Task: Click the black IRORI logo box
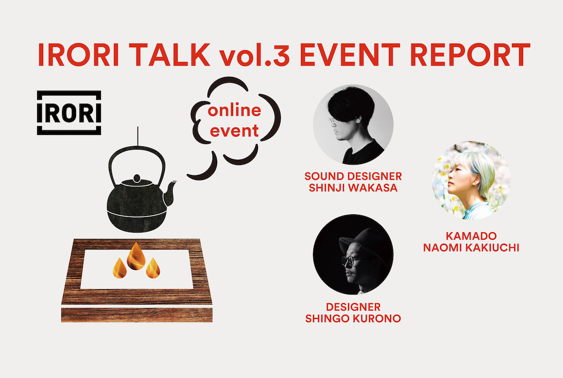pyautogui.click(x=69, y=113)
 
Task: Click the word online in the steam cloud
pyautogui.click(x=235, y=111)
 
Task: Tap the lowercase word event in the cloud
pyautogui.click(x=234, y=131)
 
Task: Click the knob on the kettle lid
pyautogui.click(x=137, y=179)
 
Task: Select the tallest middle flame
pyautogui.click(x=136, y=256)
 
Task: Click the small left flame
pyautogui.click(x=119, y=268)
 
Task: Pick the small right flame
pyautogui.click(x=153, y=268)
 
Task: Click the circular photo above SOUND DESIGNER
pyautogui.click(x=353, y=125)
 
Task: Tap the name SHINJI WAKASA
pyautogui.click(x=353, y=188)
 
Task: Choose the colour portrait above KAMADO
pyautogui.click(x=471, y=181)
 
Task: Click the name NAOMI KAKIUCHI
pyautogui.click(x=471, y=248)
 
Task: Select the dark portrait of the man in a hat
pyautogui.click(x=353, y=255)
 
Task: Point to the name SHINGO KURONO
pyautogui.click(x=353, y=318)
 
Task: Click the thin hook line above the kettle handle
pyautogui.click(x=137, y=136)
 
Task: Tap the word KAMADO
pyautogui.click(x=471, y=236)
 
